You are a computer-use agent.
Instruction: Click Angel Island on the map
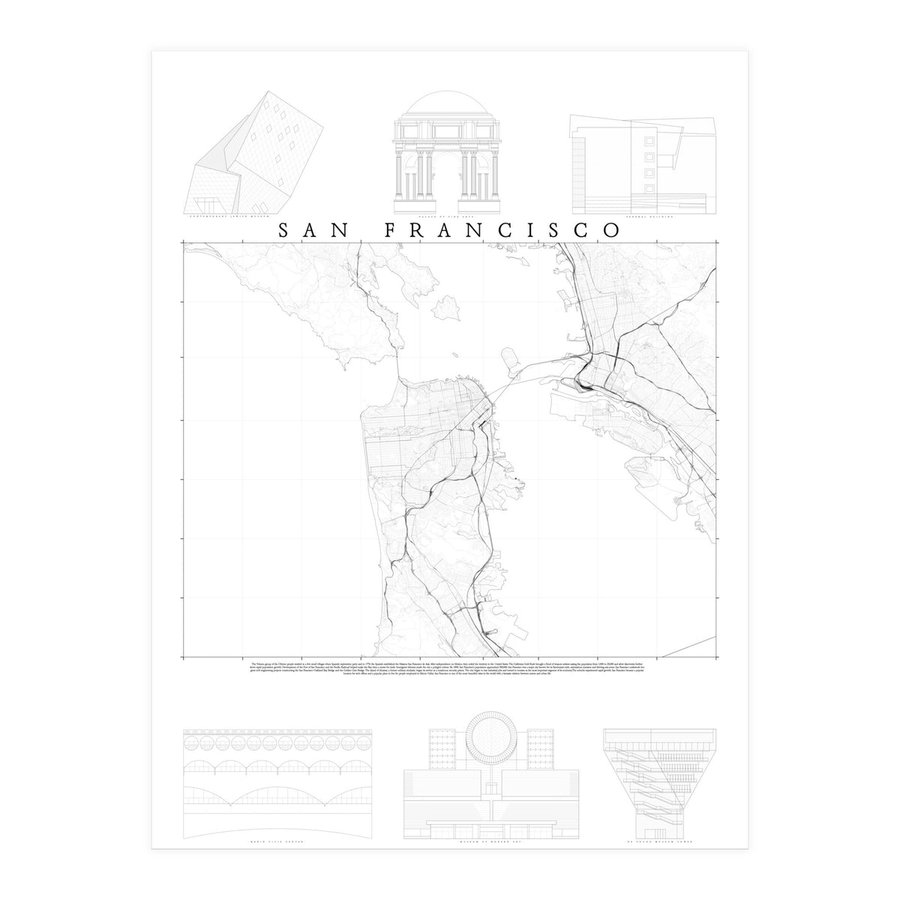(x=448, y=307)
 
